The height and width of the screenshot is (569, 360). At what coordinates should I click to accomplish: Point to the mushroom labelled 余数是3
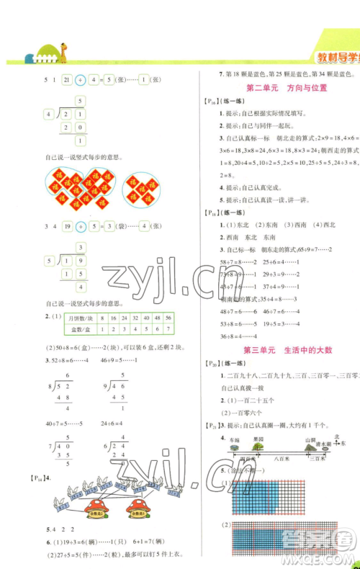point(138,511)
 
